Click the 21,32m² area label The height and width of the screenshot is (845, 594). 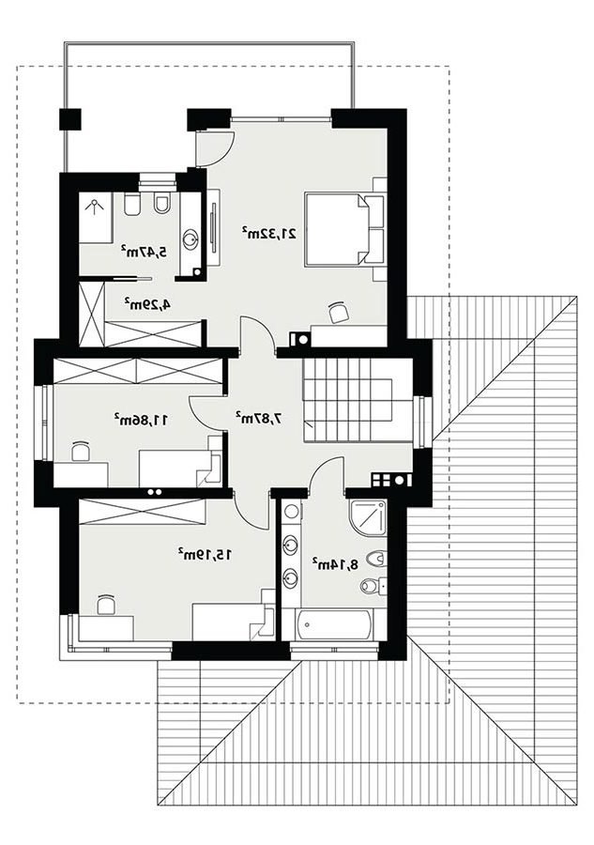click(x=268, y=234)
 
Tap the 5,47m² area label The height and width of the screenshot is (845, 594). click(x=144, y=251)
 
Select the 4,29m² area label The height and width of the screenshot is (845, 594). click(x=147, y=303)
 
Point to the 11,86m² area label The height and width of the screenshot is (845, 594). click(x=141, y=419)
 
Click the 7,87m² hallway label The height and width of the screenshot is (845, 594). click(x=258, y=418)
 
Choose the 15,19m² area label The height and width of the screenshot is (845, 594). click(x=206, y=553)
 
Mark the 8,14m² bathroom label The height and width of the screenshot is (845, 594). click(x=334, y=564)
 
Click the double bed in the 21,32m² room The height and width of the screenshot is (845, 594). click(x=344, y=229)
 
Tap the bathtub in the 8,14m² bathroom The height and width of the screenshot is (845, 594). click(x=334, y=625)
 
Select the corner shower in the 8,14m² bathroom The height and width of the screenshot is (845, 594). click(x=368, y=518)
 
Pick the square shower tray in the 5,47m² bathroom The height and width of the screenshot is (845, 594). click(x=96, y=217)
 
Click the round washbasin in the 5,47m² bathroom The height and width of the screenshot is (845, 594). click(x=190, y=238)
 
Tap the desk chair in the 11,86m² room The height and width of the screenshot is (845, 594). click(x=81, y=451)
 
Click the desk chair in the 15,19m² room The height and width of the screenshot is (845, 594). click(x=106, y=604)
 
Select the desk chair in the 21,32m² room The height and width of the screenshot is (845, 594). click(x=338, y=313)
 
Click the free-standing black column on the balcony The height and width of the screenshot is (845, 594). click(x=70, y=119)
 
